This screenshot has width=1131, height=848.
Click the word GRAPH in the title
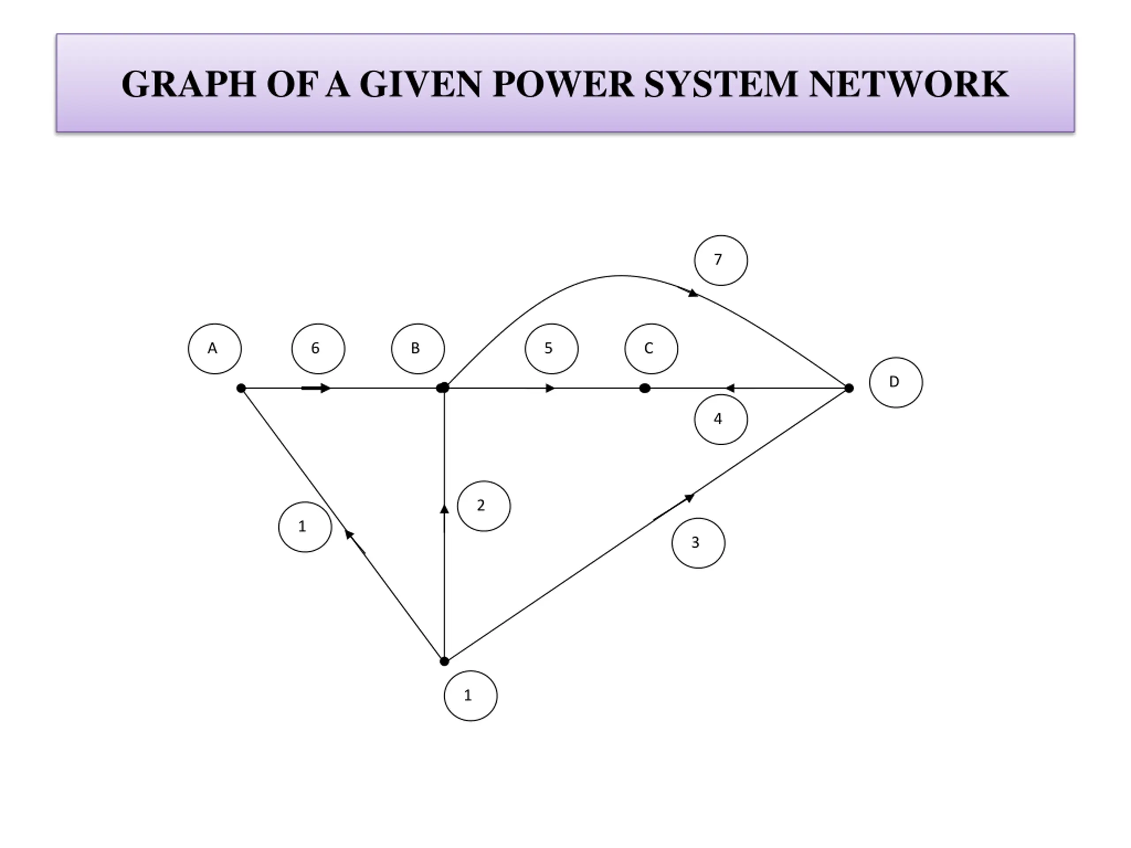point(188,84)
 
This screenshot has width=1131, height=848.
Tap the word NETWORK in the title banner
point(909,84)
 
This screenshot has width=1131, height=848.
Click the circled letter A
point(215,348)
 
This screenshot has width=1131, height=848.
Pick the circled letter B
point(418,348)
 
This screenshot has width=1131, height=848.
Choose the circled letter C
point(651,348)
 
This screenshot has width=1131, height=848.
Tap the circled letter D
point(896,382)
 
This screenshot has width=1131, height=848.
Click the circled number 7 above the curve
point(721,260)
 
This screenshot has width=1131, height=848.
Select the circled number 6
point(318,348)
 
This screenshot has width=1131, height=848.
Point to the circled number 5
point(551,348)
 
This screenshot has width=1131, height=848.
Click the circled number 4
point(721,419)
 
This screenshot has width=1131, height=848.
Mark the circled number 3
point(698,543)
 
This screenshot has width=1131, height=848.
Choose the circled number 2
point(484,506)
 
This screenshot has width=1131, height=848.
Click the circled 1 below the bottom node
point(471,696)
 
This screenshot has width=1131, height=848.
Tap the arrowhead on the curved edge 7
point(693,293)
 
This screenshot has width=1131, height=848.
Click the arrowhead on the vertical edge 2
point(444,509)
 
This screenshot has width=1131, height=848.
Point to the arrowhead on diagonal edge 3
point(689,497)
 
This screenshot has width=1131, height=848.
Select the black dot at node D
point(849,389)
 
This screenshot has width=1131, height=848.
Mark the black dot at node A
point(241,389)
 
